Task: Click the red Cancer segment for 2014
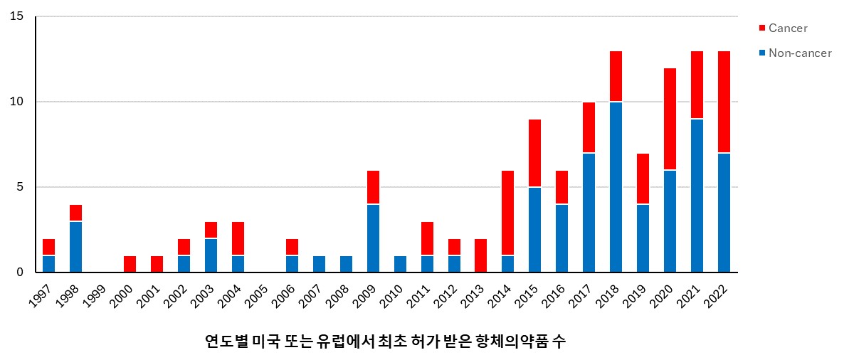[508, 213]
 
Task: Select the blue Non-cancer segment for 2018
[616, 187]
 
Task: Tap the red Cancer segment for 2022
[724, 102]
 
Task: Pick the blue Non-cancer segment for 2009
[373, 238]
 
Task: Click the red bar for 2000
[130, 264]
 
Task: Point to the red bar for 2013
[481, 255]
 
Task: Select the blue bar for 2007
[319, 264]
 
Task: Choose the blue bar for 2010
[400, 264]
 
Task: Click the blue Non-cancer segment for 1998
[75, 247]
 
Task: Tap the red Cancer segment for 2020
[670, 120]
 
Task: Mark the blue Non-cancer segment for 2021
[697, 196]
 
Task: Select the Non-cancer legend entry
[795, 53]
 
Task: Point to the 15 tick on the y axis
[17, 16]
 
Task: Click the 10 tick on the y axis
[17, 102]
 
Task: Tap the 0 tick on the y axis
[20, 272]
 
